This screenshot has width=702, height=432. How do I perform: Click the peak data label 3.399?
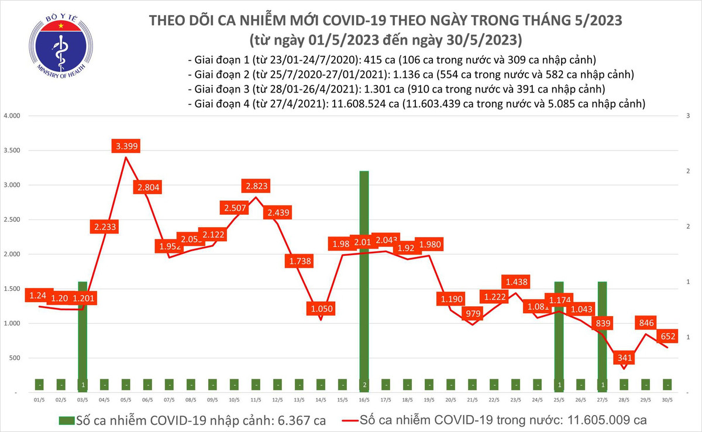[127, 146]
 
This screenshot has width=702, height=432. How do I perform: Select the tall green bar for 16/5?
[364, 275]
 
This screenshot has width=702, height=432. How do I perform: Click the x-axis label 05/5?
[126, 400]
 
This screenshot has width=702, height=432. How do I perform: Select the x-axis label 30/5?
[667, 400]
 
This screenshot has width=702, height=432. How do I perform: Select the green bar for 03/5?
[82, 334]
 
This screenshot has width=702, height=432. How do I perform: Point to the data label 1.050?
[321, 308]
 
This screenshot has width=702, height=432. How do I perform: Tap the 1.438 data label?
[515, 282]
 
